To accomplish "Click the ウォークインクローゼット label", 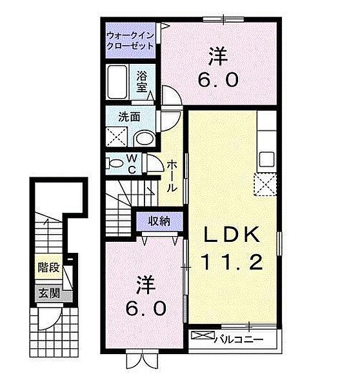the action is (x=130, y=41).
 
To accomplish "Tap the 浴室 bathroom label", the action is (x=142, y=82).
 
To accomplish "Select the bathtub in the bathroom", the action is (x=117, y=82).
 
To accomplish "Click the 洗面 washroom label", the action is (x=129, y=117).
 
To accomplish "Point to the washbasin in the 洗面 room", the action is (x=145, y=139).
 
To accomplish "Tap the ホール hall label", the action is (x=172, y=175).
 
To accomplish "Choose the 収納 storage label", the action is (x=159, y=221).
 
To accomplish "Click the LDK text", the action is (x=232, y=235).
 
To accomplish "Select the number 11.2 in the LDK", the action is (x=232, y=262).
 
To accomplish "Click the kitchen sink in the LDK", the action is (x=266, y=159).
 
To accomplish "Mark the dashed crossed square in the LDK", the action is (x=265, y=184).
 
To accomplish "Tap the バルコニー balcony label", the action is (x=239, y=340).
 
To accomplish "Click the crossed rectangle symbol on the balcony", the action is (x=203, y=335).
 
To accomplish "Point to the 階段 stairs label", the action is (x=49, y=267).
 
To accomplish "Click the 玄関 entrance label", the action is (x=49, y=293).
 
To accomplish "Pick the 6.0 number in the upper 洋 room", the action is (x=218, y=79).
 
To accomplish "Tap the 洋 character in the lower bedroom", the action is (x=146, y=284).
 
